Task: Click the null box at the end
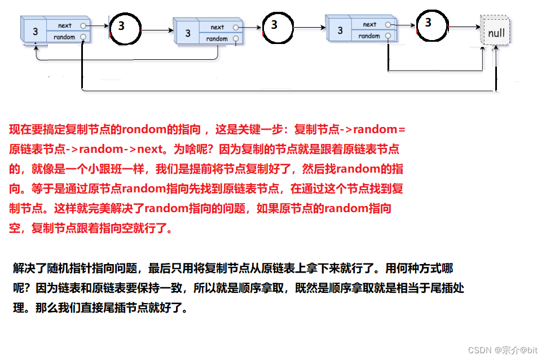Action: coord(496,33)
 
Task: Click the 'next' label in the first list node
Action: coord(65,25)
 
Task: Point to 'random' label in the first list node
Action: coord(64,37)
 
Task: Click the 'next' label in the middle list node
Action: coord(217,27)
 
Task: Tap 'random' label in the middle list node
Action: coord(217,39)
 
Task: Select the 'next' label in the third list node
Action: coord(369,24)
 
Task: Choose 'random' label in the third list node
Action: coord(369,36)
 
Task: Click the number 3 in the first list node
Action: coord(35,32)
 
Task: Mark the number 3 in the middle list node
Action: coord(188,34)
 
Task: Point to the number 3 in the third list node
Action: coord(340,31)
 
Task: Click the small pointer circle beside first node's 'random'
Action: coord(83,37)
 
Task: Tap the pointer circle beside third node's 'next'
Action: coord(388,24)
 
